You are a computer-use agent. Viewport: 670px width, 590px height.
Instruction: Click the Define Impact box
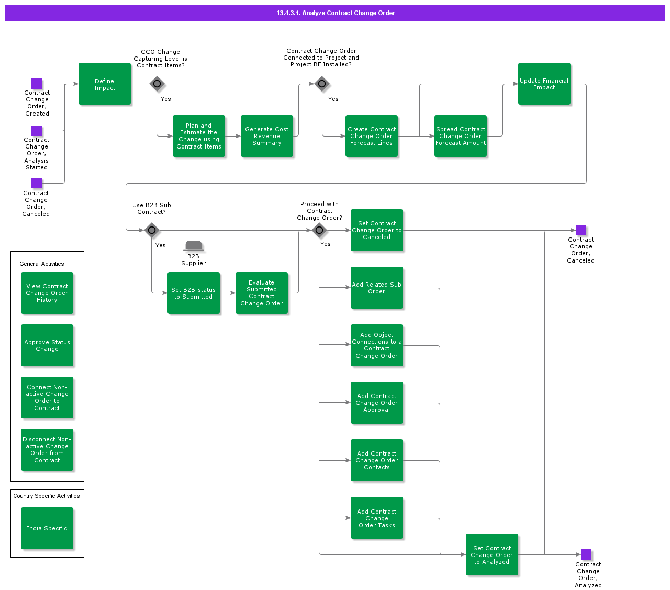click(105, 84)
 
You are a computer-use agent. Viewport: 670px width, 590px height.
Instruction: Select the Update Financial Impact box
click(544, 84)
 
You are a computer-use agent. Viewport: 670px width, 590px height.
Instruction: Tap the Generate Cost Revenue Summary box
click(267, 136)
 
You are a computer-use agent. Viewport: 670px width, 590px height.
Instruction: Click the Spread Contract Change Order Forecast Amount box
click(461, 136)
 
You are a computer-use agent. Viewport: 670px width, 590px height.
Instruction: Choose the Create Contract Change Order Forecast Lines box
click(372, 136)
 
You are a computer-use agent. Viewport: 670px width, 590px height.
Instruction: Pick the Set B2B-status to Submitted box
click(194, 293)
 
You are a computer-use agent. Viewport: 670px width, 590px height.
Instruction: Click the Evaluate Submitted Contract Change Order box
click(262, 293)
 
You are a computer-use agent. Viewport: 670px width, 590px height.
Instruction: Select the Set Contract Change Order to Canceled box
click(377, 230)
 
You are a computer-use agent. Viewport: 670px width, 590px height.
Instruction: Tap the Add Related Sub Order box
click(377, 288)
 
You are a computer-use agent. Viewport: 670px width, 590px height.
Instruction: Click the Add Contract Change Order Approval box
click(377, 403)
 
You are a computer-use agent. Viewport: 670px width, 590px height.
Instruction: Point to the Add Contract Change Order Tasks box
click(377, 518)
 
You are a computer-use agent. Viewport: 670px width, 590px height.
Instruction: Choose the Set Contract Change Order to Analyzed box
click(492, 554)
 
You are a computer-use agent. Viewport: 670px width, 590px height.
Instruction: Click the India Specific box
click(47, 528)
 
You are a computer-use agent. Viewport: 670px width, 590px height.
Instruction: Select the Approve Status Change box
click(47, 345)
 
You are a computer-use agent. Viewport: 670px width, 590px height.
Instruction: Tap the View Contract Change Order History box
click(47, 293)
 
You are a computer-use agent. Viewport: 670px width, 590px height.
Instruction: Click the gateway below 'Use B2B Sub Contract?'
click(152, 230)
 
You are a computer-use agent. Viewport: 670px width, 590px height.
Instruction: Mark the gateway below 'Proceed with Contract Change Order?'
click(319, 230)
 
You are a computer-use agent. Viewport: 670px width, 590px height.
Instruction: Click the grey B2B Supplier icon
click(194, 246)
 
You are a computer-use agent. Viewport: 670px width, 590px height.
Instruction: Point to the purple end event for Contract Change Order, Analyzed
click(586, 554)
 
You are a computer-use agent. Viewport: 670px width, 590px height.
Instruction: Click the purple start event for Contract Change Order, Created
click(37, 84)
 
